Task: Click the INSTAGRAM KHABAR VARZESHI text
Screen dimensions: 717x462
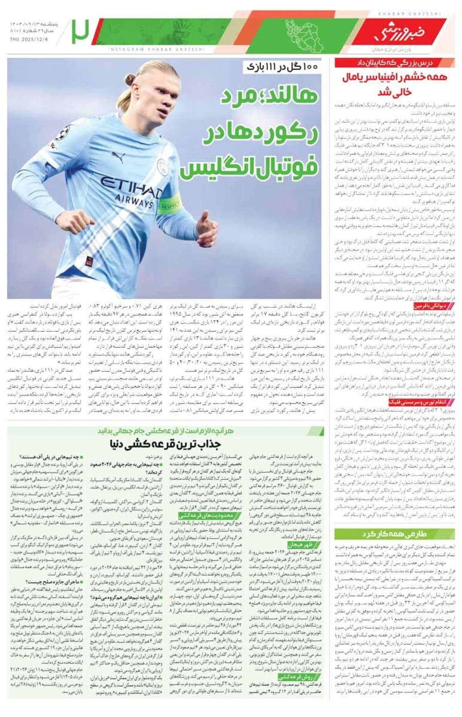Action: click(156, 49)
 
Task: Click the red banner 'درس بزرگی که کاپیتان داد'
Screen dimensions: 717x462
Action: click(395, 63)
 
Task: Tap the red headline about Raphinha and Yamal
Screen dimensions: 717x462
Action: click(395, 83)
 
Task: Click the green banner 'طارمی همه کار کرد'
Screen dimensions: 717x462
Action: click(395, 534)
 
